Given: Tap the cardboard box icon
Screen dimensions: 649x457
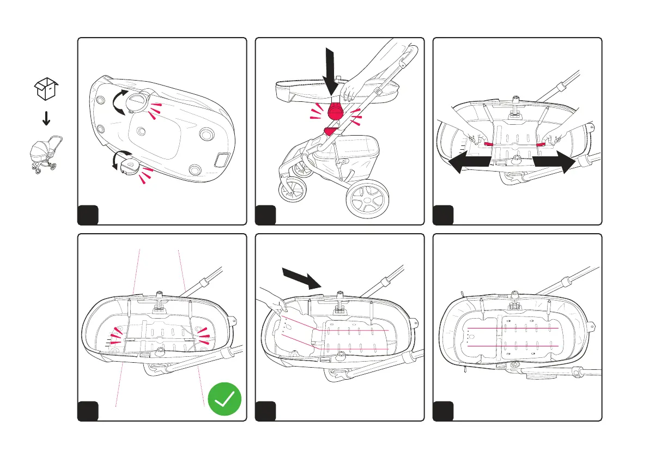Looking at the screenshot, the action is [x=46, y=89].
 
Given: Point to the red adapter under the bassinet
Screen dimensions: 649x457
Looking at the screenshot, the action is [x=335, y=111].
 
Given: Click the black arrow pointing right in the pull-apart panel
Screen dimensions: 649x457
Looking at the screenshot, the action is [x=554, y=162].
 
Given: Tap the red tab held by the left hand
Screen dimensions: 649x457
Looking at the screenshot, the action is [x=489, y=144].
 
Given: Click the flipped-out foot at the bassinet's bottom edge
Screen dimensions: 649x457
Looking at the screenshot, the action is [x=130, y=165].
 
